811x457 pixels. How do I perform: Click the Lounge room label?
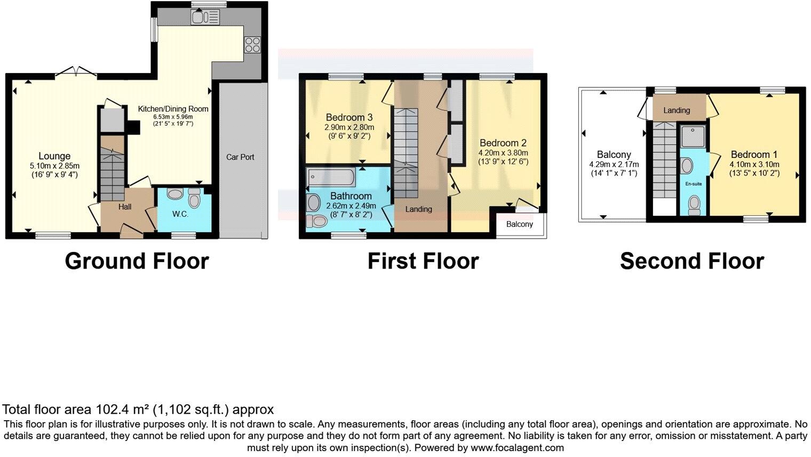pyautogui.click(x=54, y=156)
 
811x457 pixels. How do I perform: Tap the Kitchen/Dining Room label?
pyautogui.click(x=173, y=109)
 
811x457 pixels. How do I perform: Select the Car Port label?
pyautogui.click(x=240, y=157)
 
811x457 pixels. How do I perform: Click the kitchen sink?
pyautogui.click(x=204, y=17)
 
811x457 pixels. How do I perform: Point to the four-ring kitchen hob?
pyautogui.click(x=252, y=45)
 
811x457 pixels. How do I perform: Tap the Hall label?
pyautogui.click(x=125, y=207)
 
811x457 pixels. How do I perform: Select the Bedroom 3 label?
pyautogui.click(x=349, y=117)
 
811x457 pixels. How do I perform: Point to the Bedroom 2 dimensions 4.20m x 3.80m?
pyautogui.click(x=503, y=153)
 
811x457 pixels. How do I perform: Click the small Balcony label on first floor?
pyautogui.click(x=519, y=224)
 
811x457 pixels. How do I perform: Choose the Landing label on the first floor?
pyautogui.click(x=418, y=209)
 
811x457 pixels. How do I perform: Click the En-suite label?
pyautogui.click(x=694, y=184)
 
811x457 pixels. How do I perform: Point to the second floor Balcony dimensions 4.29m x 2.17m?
pyautogui.click(x=614, y=164)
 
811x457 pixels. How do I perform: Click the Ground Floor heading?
pyautogui.click(x=137, y=261)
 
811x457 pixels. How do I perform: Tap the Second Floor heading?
pyautogui.click(x=691, y=261)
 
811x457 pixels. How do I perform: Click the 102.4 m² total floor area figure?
pyautogui.click(x=122, y=409)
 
